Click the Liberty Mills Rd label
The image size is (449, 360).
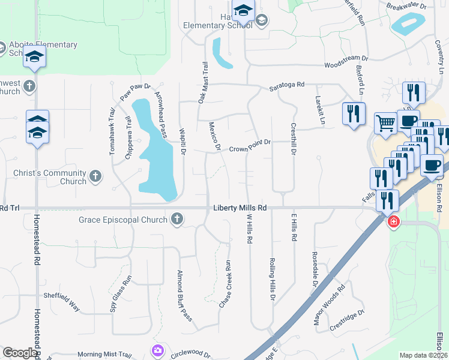pyautogui.click(x=240, y=208)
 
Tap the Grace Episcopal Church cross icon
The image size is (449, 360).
pyautogui.click(x=176, y=220)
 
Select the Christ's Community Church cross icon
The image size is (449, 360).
pyautogui.click(x=95, y=176)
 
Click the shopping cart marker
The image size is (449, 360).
pyautogui.click(x=386, y=124)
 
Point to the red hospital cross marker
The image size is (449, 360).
pyautogui.click(x=393, y=222)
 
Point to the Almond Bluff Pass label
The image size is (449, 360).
pyautogui.click(x=183, y=295)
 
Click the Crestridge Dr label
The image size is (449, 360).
pyautogui.click(x=347, y=321)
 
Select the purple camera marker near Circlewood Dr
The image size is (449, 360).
pyautogui.click(x=158, y=350)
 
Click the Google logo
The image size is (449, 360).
pyautogui.click(x=20, y=353)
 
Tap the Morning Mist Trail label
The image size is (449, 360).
pyautogui.click(x=112, y=355)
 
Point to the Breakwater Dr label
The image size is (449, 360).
pyautogui.click(x=406, y=7)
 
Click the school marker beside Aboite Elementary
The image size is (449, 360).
pyautogui.click(x=35, y=58)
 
